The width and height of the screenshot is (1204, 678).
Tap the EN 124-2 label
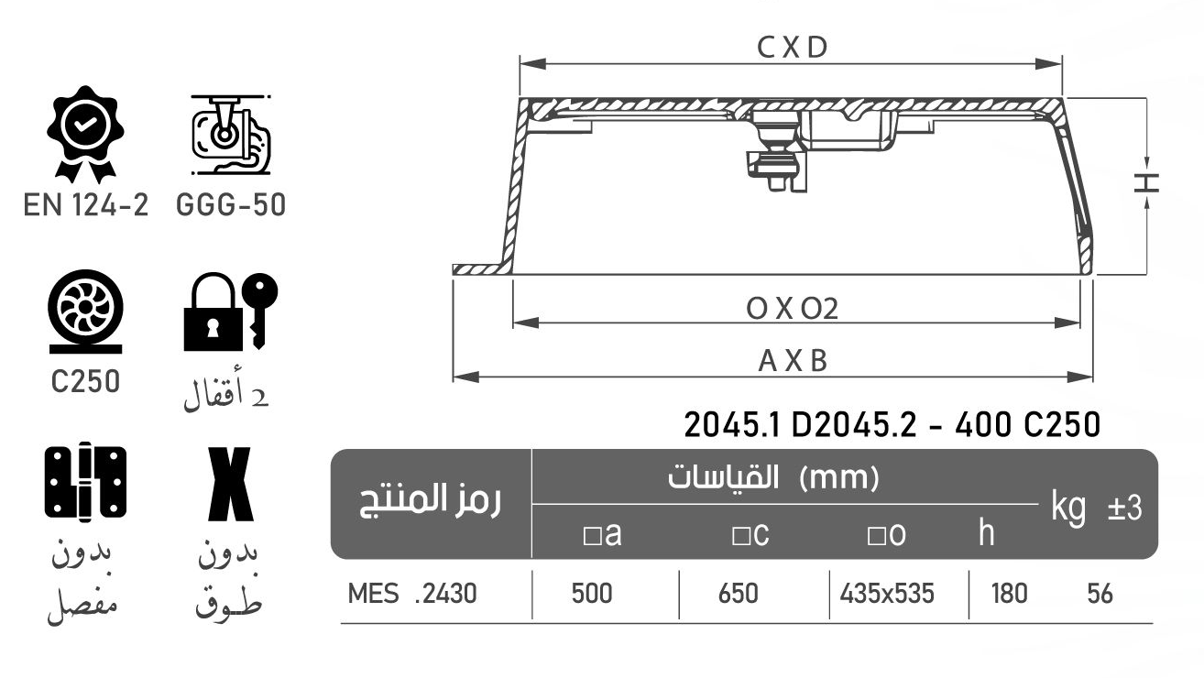[x=85, y=205]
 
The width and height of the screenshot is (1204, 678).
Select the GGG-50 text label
[x=230, y=205]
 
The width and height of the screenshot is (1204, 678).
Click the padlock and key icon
[x=230, y=312]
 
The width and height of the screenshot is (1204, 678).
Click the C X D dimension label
[x=793, y=49]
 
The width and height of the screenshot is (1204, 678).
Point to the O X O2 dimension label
[x=793, y=309]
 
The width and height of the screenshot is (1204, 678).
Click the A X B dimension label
[x=793, y=361]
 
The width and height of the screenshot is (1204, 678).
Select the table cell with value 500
[x=592, y=594]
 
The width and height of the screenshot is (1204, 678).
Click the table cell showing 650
[x=739, y=594]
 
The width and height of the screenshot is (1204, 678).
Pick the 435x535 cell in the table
[x=887, y=594]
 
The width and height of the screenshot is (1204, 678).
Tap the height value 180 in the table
[x=1009, y=594]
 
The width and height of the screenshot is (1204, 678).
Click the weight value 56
[x=1100, y=594]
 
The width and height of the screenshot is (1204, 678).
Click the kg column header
[x=1068, y=506]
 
